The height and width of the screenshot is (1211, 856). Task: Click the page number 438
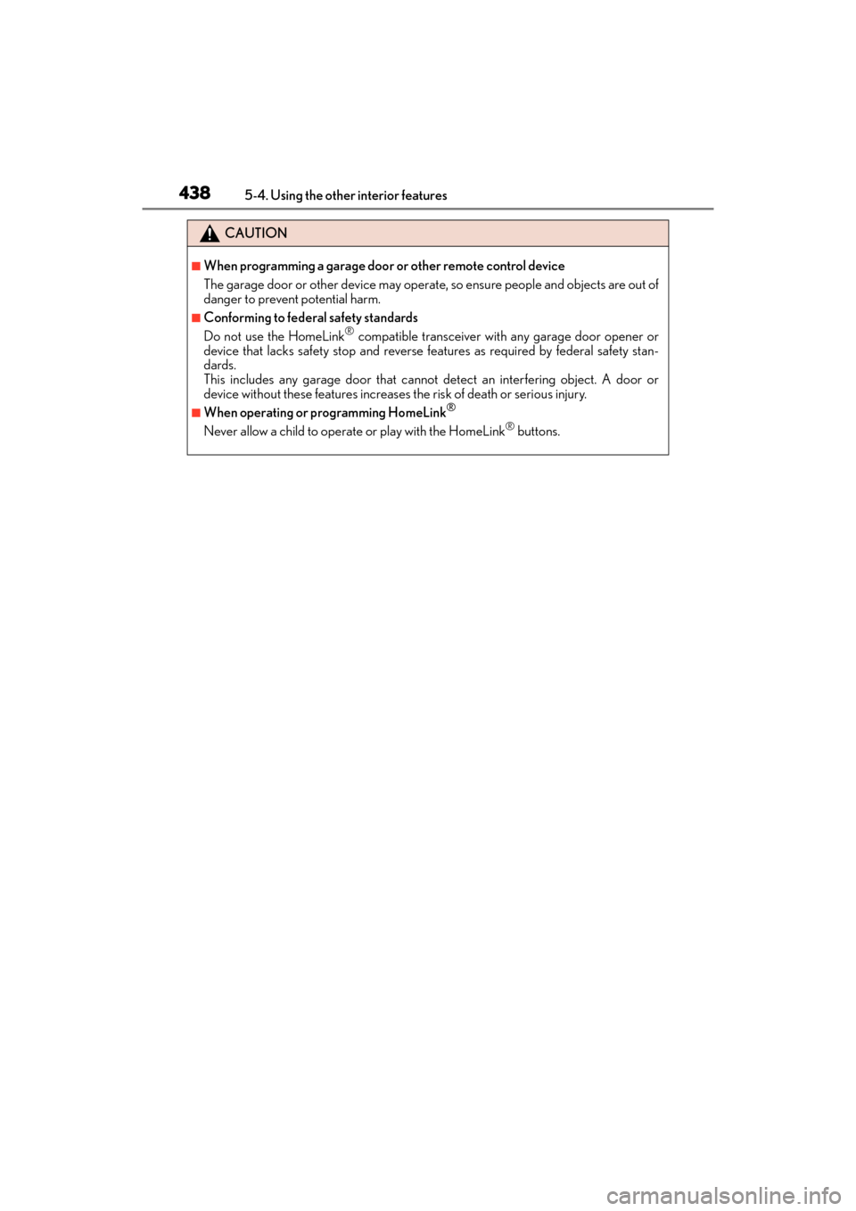pyautogui.click(x=194, y=193)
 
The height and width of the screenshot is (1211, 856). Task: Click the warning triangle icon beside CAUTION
pyautogui.click(x=210, y=234)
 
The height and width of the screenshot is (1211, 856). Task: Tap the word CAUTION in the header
pyautogui.click(x=256, y=233)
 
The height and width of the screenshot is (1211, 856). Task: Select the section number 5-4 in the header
pyautogui.click(x=255, y=195)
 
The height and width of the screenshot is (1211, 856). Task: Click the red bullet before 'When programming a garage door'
pyautogui.click(x=196, y=266)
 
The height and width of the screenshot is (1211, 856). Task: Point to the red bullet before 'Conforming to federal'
pyautogui.click(x=196, y=317)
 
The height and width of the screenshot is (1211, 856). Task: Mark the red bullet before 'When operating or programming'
pyautogui.click(x=196, y=412)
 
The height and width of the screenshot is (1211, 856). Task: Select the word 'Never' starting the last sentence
pyautogui.click(x=220, y=432)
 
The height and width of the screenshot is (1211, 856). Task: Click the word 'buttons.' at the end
pyautogui.click(x=539, y=432)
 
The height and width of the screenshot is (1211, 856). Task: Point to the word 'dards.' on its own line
pyautogui.click(x=219, y=365)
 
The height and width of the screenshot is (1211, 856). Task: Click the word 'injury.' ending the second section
pyautogui.click(x=568, y=394)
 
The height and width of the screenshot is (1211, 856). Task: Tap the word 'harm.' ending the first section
pyautogui.click(x=365, y=300)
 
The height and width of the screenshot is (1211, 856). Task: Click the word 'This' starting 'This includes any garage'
pyautogui.click(x=214, y=380)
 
